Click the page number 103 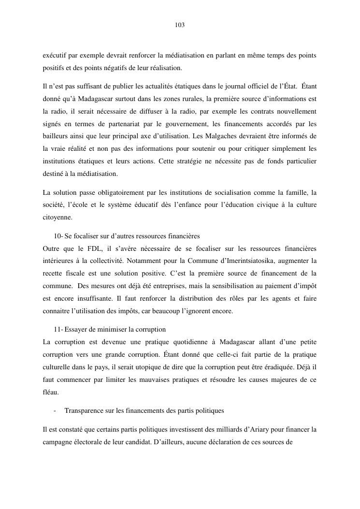180,25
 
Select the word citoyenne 57,218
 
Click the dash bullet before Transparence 56,410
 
